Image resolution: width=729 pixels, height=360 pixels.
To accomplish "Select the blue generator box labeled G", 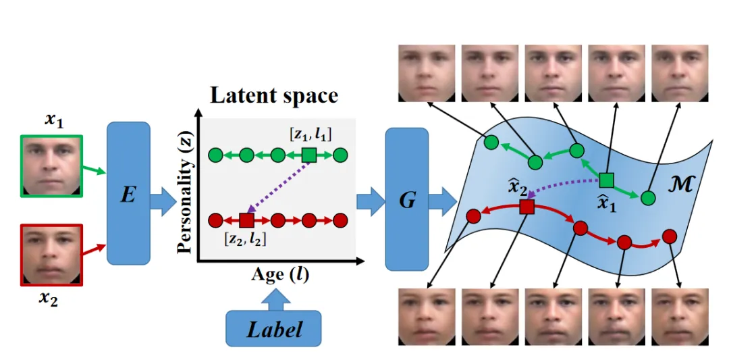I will coord(407,199).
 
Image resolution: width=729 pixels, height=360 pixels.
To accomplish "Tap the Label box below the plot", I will coord(274,329).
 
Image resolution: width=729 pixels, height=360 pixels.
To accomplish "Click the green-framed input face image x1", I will coord(52,166).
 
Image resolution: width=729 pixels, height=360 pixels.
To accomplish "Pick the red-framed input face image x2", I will coord(52,256).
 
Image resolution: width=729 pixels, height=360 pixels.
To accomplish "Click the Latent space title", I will coord(273,95).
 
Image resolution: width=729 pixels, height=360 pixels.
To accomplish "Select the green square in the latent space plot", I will coord(308,156).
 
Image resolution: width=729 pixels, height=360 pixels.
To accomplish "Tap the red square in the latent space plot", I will coord(246,220).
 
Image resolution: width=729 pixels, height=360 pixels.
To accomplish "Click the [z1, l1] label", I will coord(308,134).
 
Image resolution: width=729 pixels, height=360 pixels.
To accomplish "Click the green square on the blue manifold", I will coord(606,180).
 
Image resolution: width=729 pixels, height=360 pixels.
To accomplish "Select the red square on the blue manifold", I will coord(527,207).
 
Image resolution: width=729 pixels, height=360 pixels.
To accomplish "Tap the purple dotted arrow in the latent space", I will coord(278,188).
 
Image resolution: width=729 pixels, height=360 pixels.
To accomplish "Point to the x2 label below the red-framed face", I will coord(47,299).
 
